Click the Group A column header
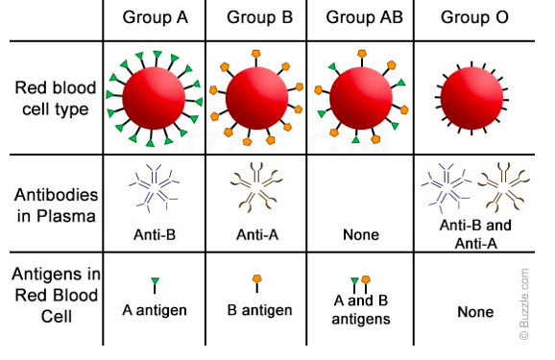[x=155, y=17]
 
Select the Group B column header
[x=260, y=17]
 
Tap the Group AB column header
[x=364, y=17]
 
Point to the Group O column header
[x=474, y=17]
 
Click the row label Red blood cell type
[x=56, y=99]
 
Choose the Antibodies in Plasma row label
[x=56, y=205]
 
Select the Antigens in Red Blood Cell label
[x=56, y=295]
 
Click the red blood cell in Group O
[x=471, y=98]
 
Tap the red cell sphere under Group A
[x=154, y=98]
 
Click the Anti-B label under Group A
[x=155, y=234]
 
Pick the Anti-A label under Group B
[x=257, y=234]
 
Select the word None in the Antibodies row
[x=361, y=234]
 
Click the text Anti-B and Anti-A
[x=475, y=234]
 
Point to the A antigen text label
[x=155, y=310]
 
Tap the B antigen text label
[x=260, y=310]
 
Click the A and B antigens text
[x=361, y=310]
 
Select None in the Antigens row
[x=475, y=312]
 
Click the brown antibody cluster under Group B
[x=256, y=186]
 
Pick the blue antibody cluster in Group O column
[x=446, y=187]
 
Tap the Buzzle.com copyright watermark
[x=524, y=303]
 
